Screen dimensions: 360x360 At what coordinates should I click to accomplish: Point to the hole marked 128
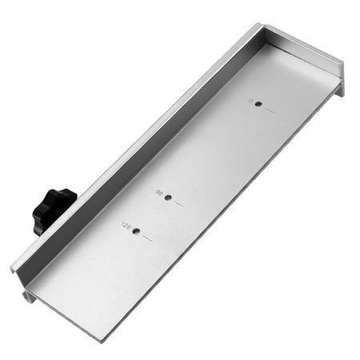click(136, 231)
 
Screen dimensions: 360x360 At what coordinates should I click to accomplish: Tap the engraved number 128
click(126, 226)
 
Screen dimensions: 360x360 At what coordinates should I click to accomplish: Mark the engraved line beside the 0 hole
click(269, 110)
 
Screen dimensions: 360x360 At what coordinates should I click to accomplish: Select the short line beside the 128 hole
click(147, 238)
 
